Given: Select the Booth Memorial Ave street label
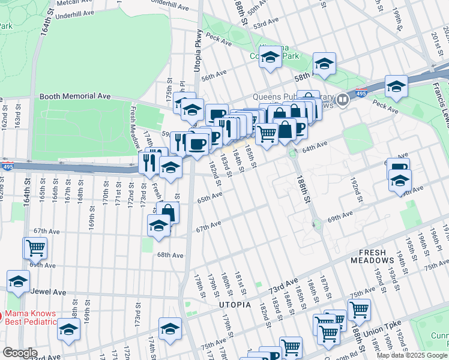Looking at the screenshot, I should [75, 96].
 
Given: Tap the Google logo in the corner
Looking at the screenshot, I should [20, 353].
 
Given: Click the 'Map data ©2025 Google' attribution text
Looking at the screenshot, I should [412, 355].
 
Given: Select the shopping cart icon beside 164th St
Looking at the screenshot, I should [35, 247].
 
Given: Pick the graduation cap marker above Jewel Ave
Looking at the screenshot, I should [19, 281].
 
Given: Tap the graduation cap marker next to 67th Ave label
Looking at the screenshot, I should [158, 226].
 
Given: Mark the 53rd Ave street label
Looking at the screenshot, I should [267, 23].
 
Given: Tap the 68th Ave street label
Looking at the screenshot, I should [170, 255].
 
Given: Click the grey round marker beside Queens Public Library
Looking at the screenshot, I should [343, 100].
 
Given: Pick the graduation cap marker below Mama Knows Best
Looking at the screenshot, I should [68, 331].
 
